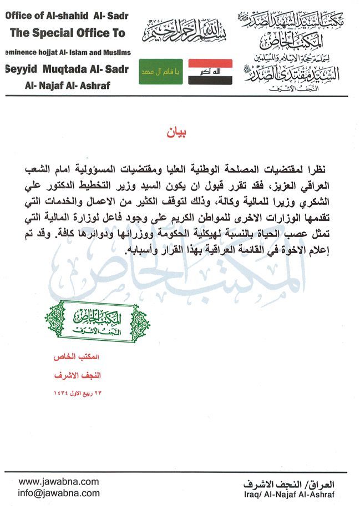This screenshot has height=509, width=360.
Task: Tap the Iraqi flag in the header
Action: (x=210, y=72)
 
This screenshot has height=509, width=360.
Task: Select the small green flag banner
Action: (x=161, y=72)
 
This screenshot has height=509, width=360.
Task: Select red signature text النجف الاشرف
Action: (x=83, y=375)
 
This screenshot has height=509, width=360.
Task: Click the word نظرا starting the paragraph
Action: (x=324, y=168)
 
